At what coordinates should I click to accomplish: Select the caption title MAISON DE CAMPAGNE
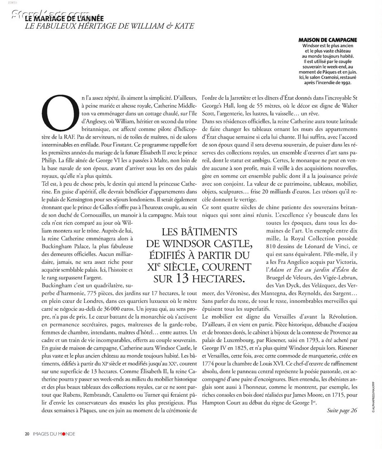click(327, 40)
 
